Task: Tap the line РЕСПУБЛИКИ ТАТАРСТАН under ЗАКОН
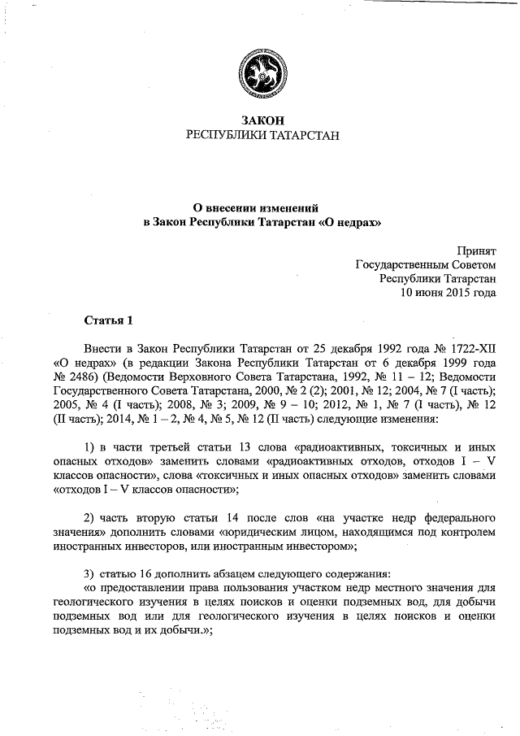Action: (x=259, y=136)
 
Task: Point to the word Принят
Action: (x=475, y=250)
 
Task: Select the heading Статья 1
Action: (x=107, y=318)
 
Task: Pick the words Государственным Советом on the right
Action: (x=426, y=264)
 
